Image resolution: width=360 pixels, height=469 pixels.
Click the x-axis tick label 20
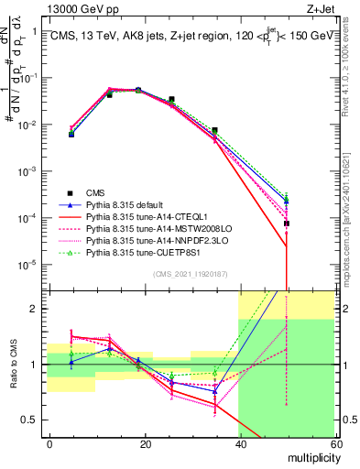145,442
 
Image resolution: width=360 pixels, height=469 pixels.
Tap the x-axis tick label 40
239,442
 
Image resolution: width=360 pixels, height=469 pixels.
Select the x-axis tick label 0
50,442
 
